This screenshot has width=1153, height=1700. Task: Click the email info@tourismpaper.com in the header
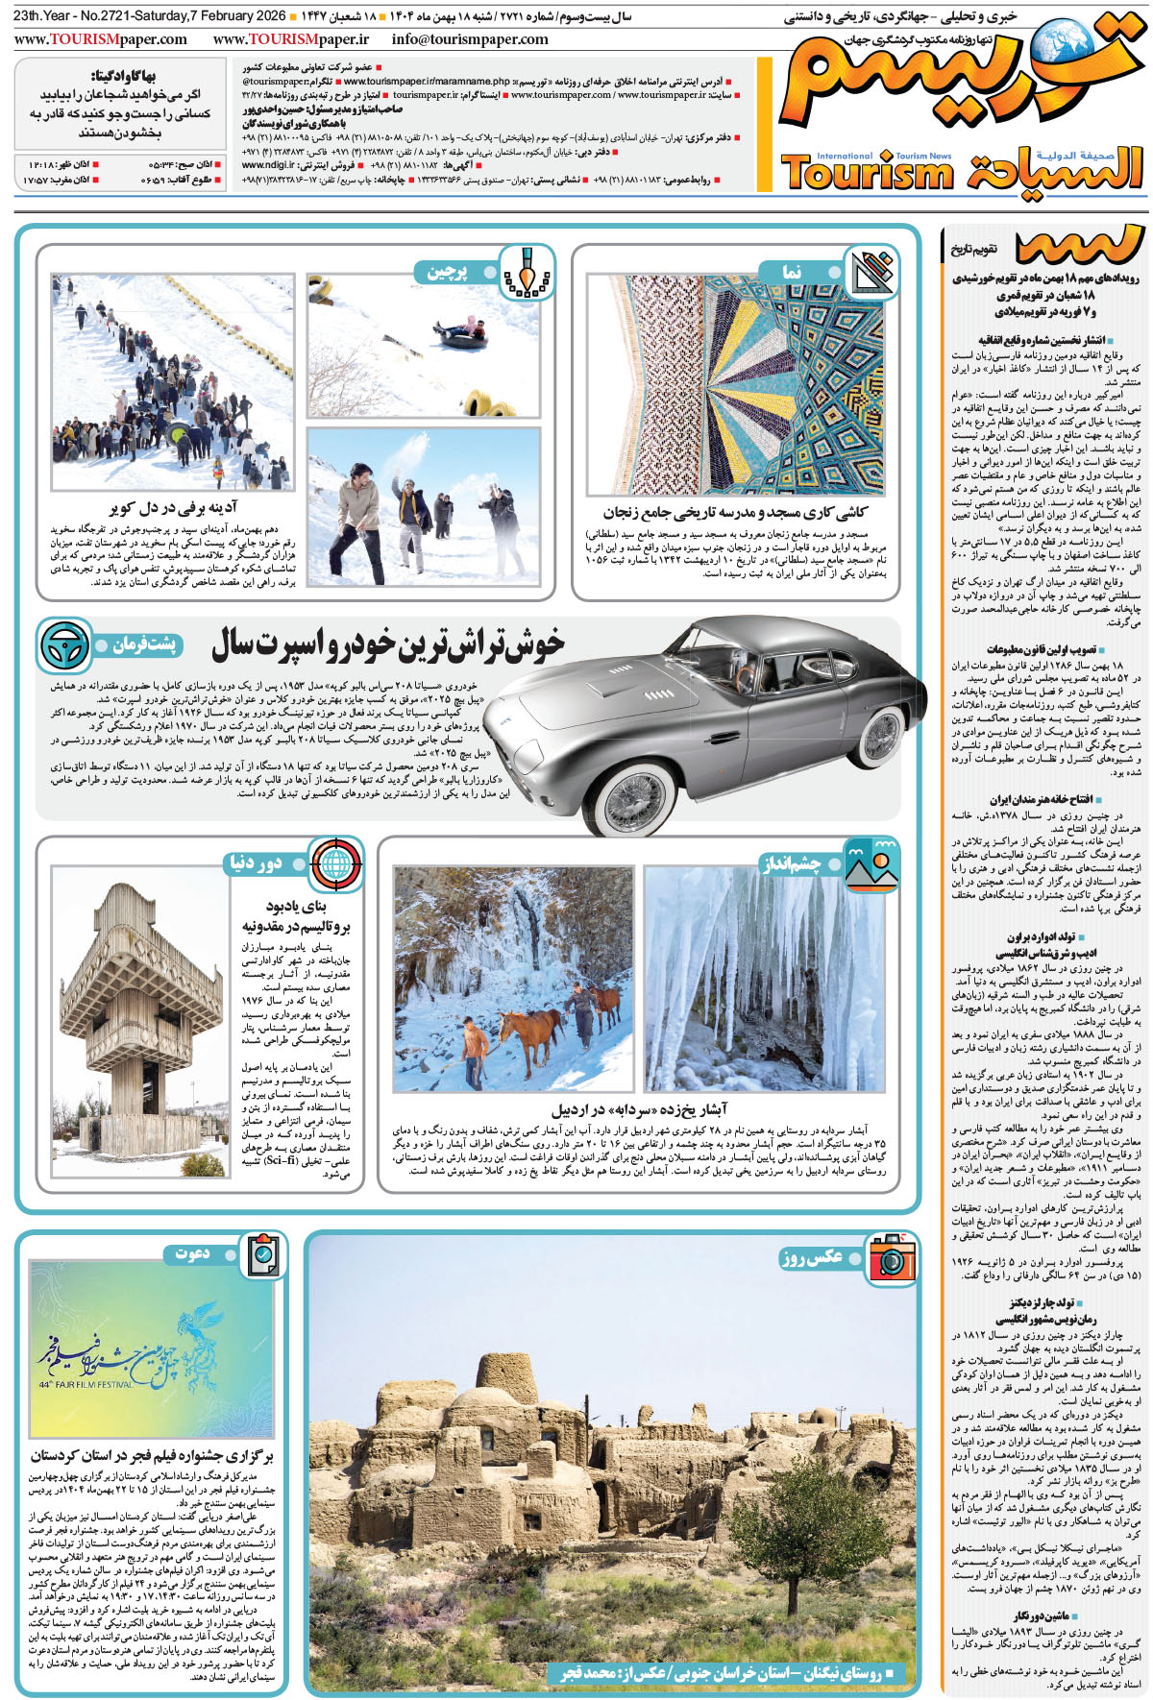(470, 39)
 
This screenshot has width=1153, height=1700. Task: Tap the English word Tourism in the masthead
(867, 174)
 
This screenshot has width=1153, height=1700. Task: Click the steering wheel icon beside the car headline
(64, 645)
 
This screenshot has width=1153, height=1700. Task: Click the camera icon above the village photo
(893, 1257)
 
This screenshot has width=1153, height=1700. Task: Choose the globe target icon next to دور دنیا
(335, 862)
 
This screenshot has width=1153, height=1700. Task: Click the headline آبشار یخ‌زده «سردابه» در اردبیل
(639, 1109)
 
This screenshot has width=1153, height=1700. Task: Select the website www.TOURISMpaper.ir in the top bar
(290, 39)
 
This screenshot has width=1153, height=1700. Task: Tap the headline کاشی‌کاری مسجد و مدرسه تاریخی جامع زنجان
(735, 513)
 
